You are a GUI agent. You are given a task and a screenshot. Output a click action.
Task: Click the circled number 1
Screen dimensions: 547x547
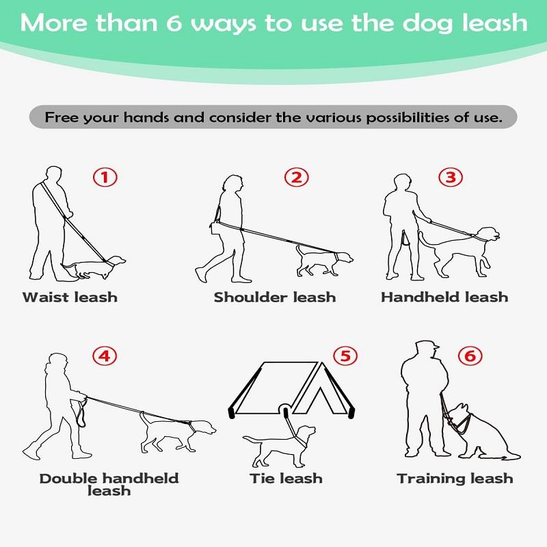[x=105, y=178]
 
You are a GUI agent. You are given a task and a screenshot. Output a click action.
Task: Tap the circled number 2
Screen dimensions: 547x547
[x=296, y=178]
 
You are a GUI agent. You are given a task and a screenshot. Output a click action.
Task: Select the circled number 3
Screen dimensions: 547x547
[x=450, y=178]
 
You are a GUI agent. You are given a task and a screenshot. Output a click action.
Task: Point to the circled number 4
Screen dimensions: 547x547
[x=105, y=356]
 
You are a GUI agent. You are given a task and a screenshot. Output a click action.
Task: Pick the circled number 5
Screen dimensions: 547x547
[x=345, y=356]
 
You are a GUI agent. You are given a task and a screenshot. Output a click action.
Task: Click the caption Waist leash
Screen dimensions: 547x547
[x=70, y=297]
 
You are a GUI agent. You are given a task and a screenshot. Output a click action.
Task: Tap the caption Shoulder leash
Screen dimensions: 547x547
[x=275, y=297]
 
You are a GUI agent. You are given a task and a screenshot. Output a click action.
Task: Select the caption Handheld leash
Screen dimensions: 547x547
[x=444, y=297]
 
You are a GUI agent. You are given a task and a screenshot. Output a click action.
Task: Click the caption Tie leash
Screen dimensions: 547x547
[x=286, y=478]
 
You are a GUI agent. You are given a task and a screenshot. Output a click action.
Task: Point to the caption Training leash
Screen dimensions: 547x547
[x=455, y=478]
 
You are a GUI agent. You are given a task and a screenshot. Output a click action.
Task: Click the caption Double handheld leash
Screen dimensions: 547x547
[x=109, y=484]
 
